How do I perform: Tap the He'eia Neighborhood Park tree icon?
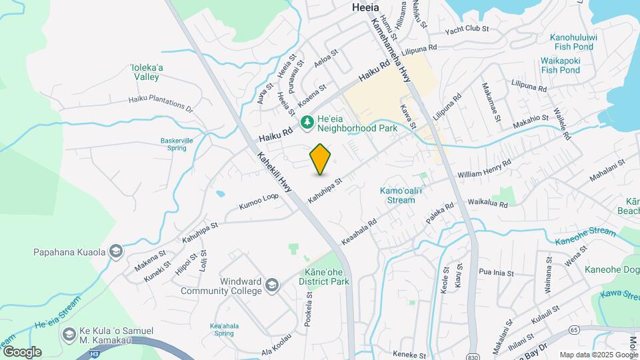307,122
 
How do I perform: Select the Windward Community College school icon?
271,286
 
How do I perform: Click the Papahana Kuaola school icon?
116,252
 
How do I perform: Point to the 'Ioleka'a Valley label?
145,72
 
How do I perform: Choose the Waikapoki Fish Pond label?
560,65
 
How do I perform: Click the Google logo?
22,351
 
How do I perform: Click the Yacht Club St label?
467,29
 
